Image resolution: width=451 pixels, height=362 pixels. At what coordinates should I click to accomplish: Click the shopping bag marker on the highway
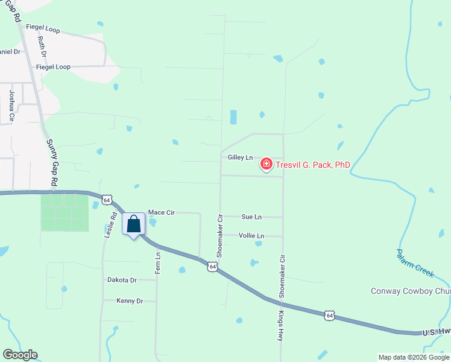(x=134, y=224)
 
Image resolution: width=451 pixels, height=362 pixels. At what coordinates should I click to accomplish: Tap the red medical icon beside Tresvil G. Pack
(x=266, y=164)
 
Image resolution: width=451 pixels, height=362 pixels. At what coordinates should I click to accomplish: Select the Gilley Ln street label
(x=240, y=157)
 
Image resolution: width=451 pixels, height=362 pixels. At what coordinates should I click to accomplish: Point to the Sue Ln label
(x=251, y=217)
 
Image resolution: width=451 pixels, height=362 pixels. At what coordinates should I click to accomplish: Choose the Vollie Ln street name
(x=251, y=236)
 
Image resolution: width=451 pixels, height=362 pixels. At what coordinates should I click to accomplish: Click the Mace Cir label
(x=161, y=212)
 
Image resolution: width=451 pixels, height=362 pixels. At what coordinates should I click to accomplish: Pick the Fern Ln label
(x=158, y=263)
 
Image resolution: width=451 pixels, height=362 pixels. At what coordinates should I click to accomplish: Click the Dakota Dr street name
(x=122, y=280)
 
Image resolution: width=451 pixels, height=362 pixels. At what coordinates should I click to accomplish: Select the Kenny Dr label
(x=129, y=300)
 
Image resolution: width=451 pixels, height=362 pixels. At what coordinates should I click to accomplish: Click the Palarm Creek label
(x=415, y=262)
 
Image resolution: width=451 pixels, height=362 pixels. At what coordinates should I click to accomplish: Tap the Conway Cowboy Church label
(x=410, y=291)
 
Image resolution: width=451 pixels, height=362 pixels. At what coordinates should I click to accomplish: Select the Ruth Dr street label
(x=42, y=46)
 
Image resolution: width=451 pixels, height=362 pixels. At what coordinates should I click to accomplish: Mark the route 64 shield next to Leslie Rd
(x=107, y=199)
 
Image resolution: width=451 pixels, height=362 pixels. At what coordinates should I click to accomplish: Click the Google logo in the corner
(x=20, y=355)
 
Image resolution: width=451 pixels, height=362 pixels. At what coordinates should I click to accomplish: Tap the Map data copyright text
(x=414, y=357)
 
